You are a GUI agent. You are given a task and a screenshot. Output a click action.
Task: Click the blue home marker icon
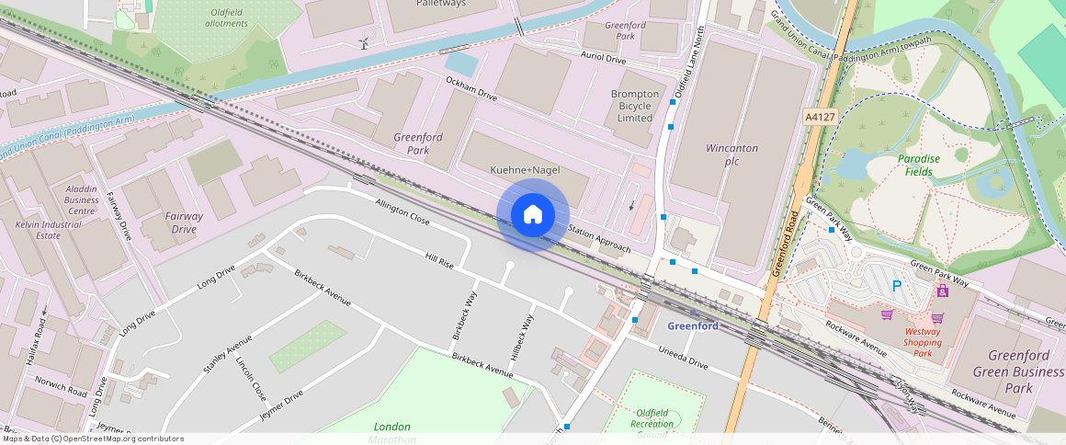point(532,215)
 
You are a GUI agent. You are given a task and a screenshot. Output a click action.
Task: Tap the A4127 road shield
point(819,118)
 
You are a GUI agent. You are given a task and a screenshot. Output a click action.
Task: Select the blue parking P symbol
point(897,287)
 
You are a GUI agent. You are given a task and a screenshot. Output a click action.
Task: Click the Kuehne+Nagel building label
point(525,170)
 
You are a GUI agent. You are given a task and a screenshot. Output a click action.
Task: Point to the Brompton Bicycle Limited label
point(635,106)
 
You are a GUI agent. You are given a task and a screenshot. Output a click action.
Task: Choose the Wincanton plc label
point(731,154)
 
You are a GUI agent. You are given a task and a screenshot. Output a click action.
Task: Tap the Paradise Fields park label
point(919,165)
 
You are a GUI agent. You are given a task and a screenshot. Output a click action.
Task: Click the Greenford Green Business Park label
point(1012,371)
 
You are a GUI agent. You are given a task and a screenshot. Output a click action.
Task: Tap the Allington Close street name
point(403,211)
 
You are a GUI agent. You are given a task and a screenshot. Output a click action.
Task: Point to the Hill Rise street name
point(439,260)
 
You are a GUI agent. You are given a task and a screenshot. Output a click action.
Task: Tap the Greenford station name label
point(693,326)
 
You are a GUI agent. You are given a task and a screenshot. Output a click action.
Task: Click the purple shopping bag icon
point(942,291)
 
